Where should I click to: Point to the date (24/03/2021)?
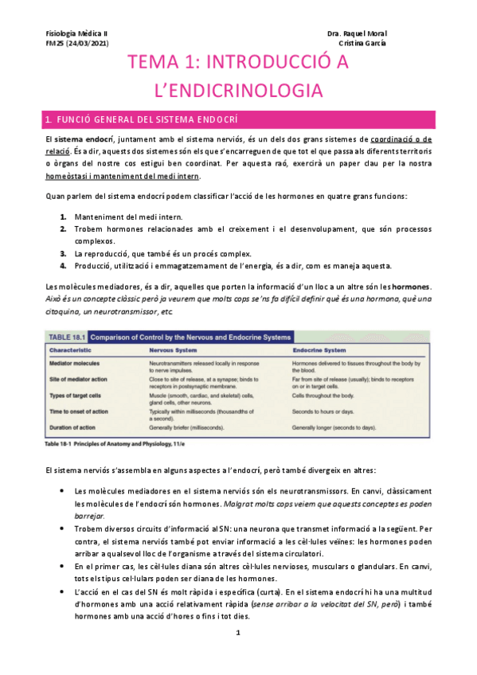(88, 43)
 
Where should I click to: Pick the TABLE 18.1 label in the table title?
(68, 335)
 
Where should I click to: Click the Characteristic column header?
(72, 349)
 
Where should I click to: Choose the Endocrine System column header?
(319, 349)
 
